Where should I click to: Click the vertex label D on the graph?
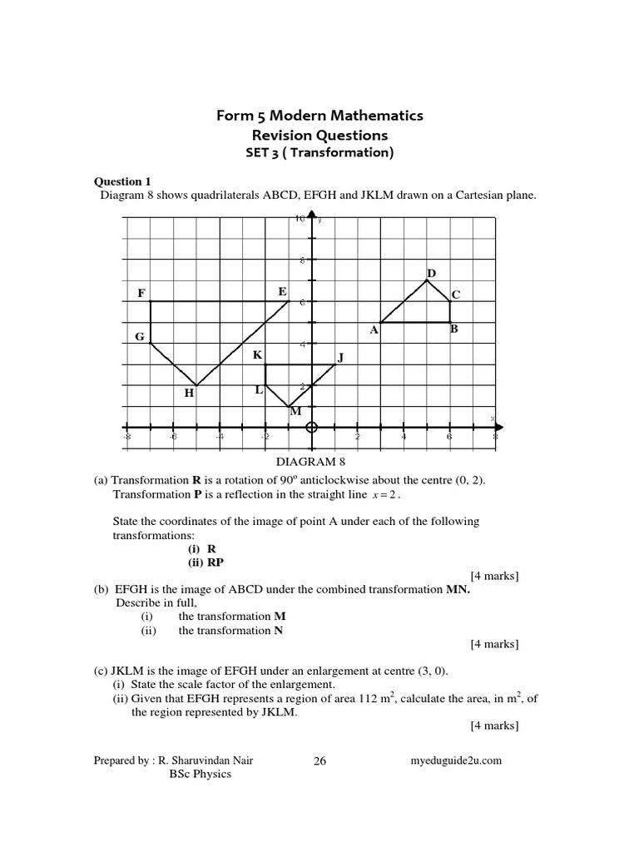[431, 273]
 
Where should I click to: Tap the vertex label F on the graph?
[141, 293]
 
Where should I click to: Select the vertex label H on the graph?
[189, 393]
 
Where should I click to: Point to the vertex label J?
[339, 358]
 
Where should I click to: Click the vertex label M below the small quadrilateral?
[295, 411]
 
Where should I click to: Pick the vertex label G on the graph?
[140, 336]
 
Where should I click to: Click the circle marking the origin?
[312, 428]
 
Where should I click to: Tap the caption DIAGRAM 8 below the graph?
[309, 461]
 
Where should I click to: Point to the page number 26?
[320, 760]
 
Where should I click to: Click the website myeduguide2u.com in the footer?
[457, 760]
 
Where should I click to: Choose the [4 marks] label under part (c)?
[494, 726]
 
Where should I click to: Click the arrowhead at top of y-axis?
[311, 215]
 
